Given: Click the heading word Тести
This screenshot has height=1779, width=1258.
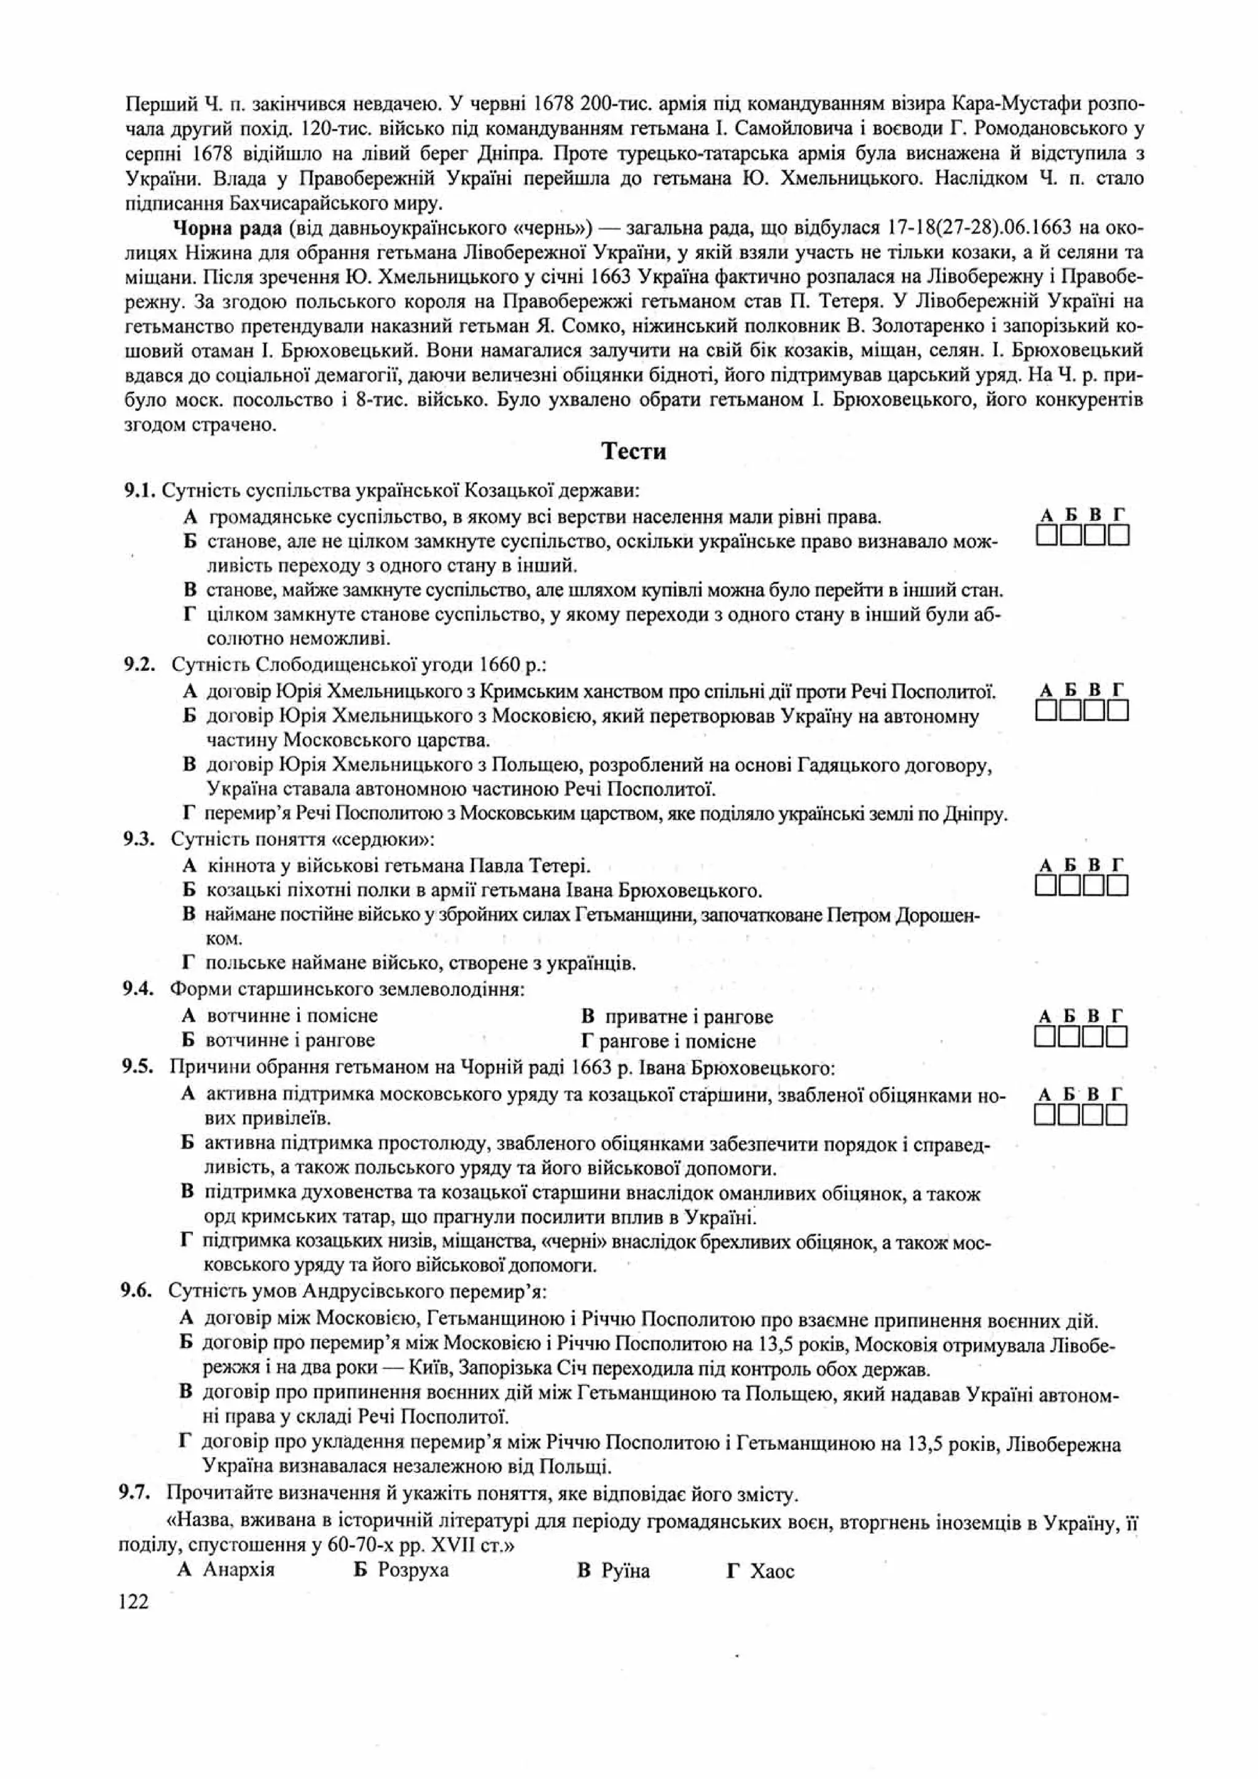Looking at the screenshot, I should pos(634,451).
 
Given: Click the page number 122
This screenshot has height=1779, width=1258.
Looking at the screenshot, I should pos(134,1601).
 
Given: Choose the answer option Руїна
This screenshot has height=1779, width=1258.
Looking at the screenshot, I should pos(624,1571).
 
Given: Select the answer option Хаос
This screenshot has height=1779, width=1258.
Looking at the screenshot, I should pos(772,1571).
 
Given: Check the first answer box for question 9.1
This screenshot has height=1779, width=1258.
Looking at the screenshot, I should pos(1047,536).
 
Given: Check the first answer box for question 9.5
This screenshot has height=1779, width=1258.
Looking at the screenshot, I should pos(1047,1115).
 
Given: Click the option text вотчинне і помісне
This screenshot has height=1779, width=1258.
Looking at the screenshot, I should pos(292,1016).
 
